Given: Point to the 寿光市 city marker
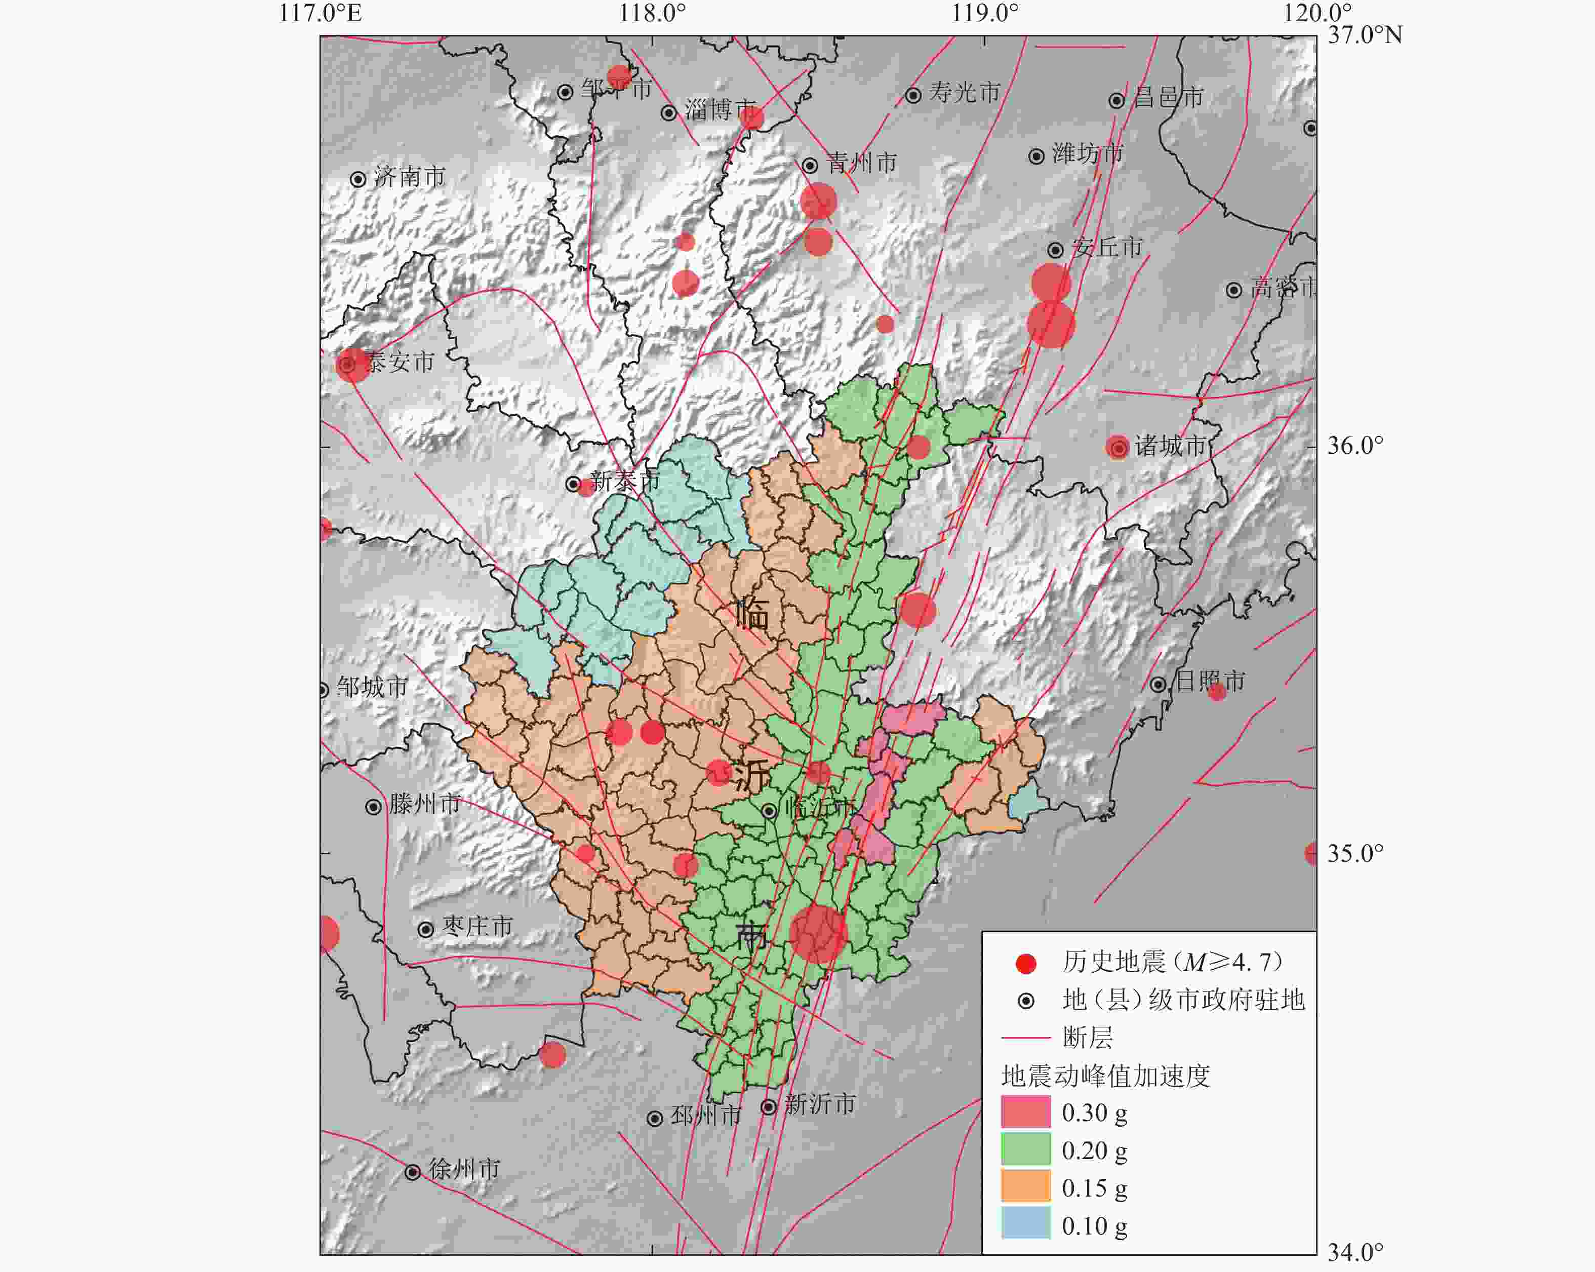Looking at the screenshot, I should pos(913,95).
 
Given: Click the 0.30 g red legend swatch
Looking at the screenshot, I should pos(1025,1111).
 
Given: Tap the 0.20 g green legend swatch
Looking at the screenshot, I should pos(1025,1148).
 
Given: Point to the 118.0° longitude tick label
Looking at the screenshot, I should pos(652,13).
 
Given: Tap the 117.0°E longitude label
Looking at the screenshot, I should pos(320,13).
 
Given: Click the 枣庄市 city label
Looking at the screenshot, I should pos(477,927).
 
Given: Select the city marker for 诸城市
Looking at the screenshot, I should pos(1119,448).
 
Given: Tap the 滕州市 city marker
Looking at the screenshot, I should pos(374,807).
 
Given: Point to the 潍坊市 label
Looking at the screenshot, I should pos(1088,154).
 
